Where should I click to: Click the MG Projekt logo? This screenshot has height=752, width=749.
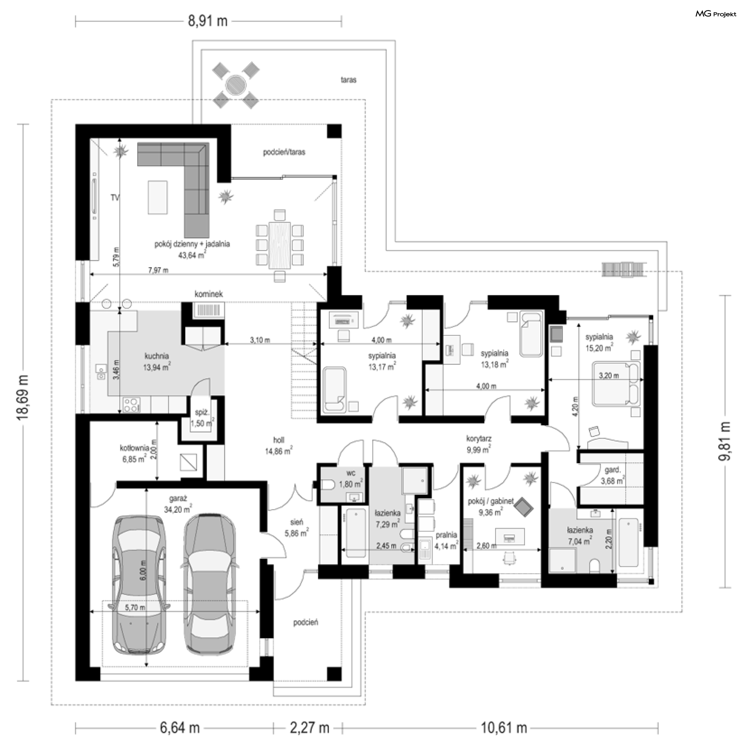[x=715, y=14]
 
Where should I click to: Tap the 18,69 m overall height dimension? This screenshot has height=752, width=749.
[x=23, y=398]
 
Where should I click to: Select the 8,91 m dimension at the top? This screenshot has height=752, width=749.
[x=208, y=21]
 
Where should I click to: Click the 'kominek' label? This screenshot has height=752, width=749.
[x=209, y=294]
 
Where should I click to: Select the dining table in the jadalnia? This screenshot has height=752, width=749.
[x=280, y=245]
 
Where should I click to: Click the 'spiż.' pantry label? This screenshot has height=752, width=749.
[x=202, y=412]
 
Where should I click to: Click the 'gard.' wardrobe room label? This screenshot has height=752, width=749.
[x=612, y=470]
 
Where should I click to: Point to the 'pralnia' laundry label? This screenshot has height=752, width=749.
[x=446, y=535]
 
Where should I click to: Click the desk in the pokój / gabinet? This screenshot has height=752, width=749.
[x=509, y=537]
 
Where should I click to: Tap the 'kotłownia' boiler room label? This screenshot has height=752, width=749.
[x=134, y=448]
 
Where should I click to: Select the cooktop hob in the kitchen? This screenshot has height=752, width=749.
[x=131, y=404]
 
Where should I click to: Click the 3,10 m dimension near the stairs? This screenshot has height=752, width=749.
[x=260, y=340]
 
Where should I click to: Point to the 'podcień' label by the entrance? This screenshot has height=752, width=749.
[x=305, y=623]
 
